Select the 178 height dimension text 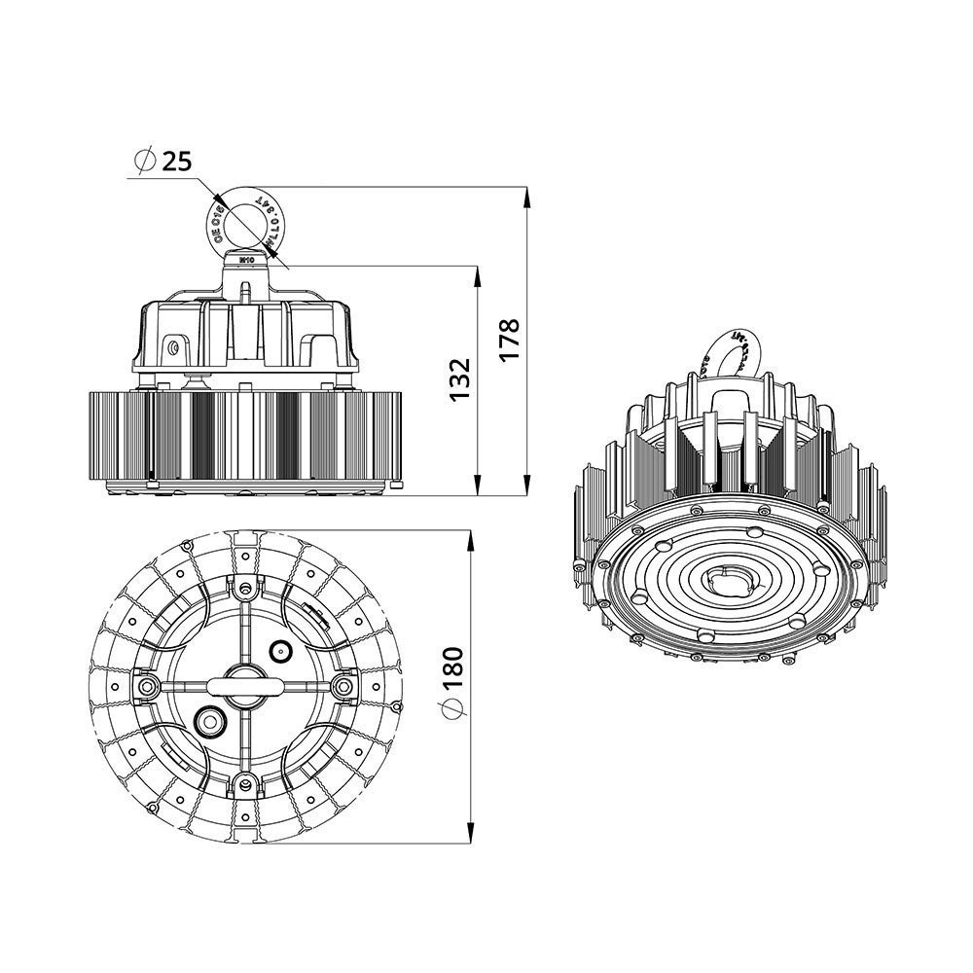coord(511,339)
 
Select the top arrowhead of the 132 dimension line coord(477,278)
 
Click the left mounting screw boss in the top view coord(148,687)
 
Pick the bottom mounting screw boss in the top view coord(245,784)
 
